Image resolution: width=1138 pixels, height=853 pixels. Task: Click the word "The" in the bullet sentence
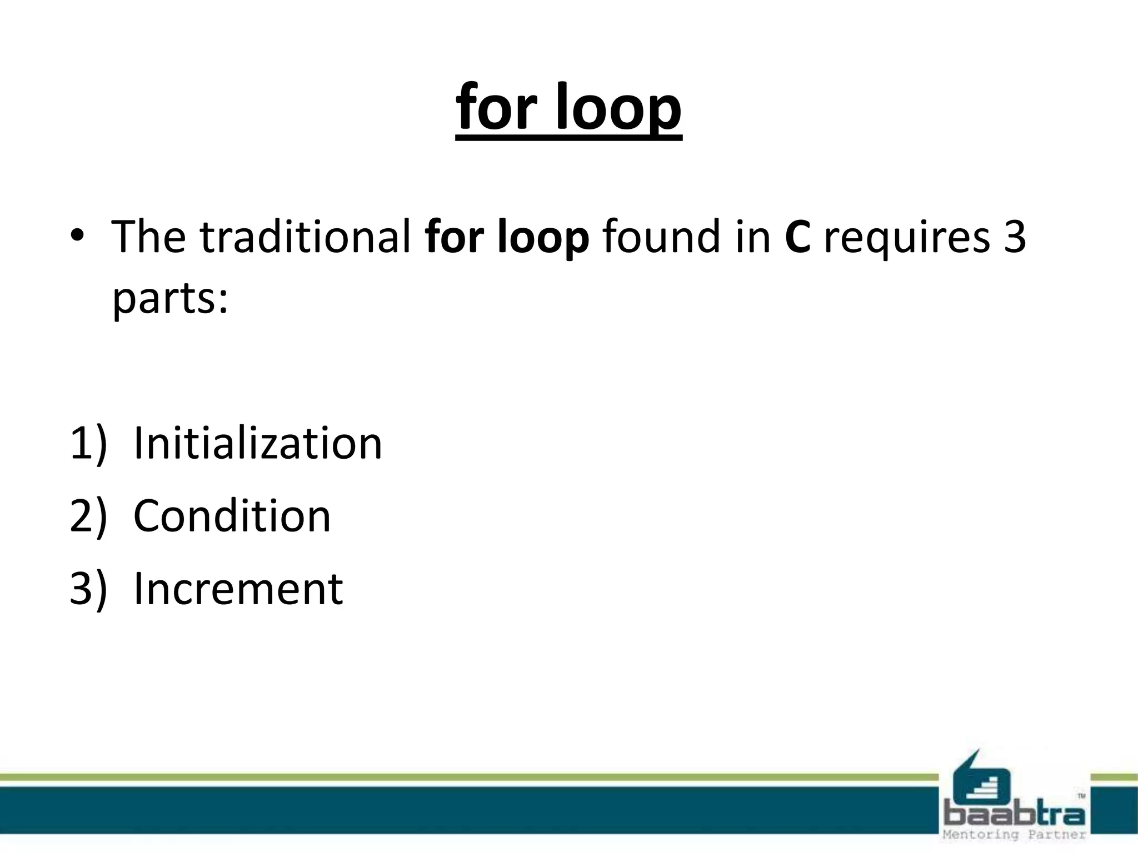click(x=148, y=237)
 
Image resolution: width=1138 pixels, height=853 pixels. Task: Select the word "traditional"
click(x=305, y=237)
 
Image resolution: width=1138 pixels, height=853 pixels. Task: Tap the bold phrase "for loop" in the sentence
click(x=506, y=237)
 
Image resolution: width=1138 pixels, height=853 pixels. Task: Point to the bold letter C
click(x=797, y=237)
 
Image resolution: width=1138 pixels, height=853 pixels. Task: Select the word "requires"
click(x=906, y=237)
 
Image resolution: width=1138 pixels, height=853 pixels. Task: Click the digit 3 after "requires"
click(x=1015, y=237)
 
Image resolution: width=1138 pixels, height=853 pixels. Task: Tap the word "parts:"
click(x=170, y=299)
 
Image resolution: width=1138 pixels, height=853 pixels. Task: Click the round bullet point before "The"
click(x=77, y=236)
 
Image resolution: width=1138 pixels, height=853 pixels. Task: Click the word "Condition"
click(x=232, y=516)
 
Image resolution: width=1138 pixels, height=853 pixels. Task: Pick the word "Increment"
click(x=238, y=589)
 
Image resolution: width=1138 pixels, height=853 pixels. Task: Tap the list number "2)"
click(x=88, y=516)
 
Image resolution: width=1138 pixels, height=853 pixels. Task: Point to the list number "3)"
click(x=88, y=589)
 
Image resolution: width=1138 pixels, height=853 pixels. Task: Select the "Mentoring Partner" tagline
click(x=1014, y=835)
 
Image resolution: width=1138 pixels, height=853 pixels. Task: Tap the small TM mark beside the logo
click(x=1081, y=796)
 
